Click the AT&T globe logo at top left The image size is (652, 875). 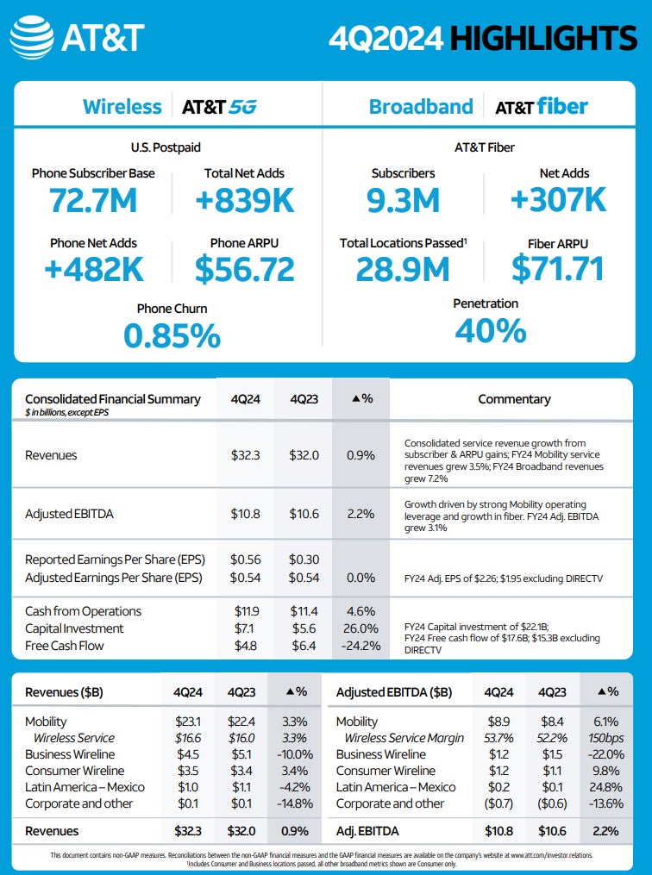click(33, 38)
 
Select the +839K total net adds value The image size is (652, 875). click(244, 200)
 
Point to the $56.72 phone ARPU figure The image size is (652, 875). click(244, 269)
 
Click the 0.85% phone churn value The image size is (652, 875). click(172, 335)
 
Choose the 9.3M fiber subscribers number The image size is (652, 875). click(403, 200)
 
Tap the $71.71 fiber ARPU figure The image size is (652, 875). click(557, 269)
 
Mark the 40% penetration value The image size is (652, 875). click(490, 330)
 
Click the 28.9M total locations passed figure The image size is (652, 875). click(403, 269)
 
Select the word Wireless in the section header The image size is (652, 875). click(122, 107)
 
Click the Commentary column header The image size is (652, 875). click(514, 399)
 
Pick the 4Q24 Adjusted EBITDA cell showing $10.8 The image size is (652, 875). click(246, 514)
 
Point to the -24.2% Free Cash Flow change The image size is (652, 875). click(360, 646)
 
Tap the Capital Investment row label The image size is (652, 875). click(74, 628)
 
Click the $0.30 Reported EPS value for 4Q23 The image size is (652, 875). click(304, 560)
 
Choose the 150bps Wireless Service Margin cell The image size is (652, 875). click(612, 738)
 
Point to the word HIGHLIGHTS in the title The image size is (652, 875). click(543, 38)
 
